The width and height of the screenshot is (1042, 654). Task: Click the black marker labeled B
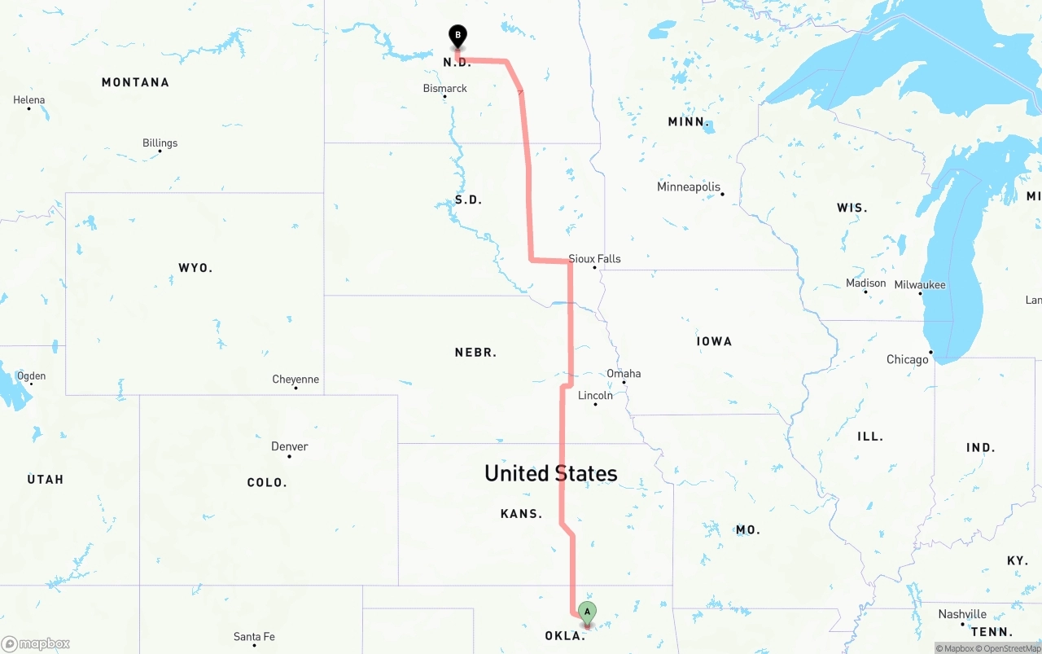(458, 36)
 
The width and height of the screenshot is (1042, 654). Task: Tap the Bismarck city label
(444, 88)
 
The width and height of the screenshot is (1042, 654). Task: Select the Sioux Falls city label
(594, 259)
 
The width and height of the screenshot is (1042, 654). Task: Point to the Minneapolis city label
(689, 187)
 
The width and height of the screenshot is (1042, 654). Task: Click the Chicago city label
(907, 359)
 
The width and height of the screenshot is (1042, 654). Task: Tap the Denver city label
(290, 446)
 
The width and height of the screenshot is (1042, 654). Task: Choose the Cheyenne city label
(296, 380)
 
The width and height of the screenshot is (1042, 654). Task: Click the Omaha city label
(624, 374)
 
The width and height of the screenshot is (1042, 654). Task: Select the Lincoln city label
(595, 396)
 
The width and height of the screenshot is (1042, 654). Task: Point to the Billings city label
(160, 143)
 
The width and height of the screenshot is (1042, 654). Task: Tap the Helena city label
(29, 100)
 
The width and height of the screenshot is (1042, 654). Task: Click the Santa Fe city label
(254, 637)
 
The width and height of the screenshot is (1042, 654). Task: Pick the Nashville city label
(961, 614)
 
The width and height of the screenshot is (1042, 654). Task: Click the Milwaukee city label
(920, 285)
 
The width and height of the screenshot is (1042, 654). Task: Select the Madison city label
(865, 283)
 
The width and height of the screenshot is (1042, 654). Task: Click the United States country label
(550, 473)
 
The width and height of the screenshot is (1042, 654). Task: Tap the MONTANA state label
(135, 82)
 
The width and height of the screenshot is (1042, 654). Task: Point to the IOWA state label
(714, 341)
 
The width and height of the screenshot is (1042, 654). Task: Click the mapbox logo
(35, 643)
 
